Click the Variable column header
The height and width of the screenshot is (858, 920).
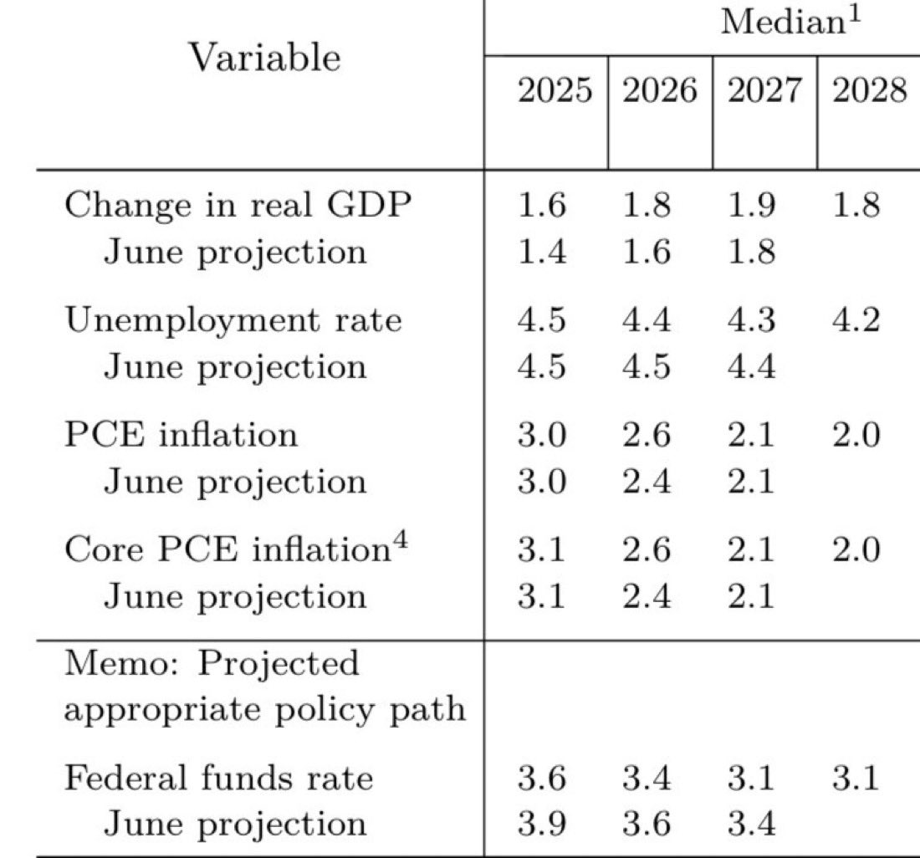pyautogui.click(x=264, y=58)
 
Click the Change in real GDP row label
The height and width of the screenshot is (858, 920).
pyautogui.click(x=238, y=206)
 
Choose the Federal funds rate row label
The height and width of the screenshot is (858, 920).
pyautogui.click(x=218, y=779)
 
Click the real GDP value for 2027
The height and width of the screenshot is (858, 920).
pyautogui.click(x=749, y=206)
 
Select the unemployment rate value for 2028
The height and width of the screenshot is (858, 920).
pyautogui.click(x=855, y=320)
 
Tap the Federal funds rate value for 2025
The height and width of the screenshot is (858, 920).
pyautogui.click(x=541, y=779)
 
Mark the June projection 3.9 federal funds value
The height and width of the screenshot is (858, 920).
pyautogui.click(x=541, y=824)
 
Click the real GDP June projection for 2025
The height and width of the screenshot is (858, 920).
pyautogui.click(x=541, y=251)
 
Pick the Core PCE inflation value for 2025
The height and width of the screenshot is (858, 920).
pyautogui.click(x=541, y=550)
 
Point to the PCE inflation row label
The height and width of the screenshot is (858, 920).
pyautogui.click(x=181, y=435)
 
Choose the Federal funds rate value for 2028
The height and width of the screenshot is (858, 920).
pyautogui.click(x=855, y=779)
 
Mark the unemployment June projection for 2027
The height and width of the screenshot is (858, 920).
pyautogui.click(x=749, y=366)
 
